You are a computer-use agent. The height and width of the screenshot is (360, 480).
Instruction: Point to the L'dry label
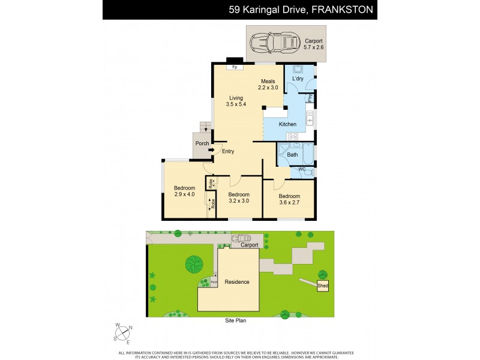coord(298,79)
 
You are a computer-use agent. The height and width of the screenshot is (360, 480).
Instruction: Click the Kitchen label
coord(287,124)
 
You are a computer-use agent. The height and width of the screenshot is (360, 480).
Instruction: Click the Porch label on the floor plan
coord(202,143)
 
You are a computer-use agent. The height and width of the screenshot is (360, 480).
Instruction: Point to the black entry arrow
coord(211,150)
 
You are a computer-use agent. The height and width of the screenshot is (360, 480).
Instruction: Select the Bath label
coord(292,155)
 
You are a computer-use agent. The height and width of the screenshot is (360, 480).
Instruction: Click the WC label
coord(302,170)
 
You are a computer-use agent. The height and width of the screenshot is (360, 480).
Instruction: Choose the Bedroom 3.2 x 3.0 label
coord(239,197)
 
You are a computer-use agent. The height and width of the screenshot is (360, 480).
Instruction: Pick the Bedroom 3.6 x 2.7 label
coord(289,199)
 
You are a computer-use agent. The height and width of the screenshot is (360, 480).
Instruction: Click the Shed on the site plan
coord(323,286)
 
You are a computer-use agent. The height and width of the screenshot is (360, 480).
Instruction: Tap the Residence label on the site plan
coord(237,281)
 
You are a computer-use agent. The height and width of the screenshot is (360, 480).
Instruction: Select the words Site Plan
coord(232,320)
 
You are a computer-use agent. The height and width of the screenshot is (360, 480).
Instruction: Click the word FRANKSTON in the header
coord(343,10)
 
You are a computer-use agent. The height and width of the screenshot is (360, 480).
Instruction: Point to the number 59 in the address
coord(235,10)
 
